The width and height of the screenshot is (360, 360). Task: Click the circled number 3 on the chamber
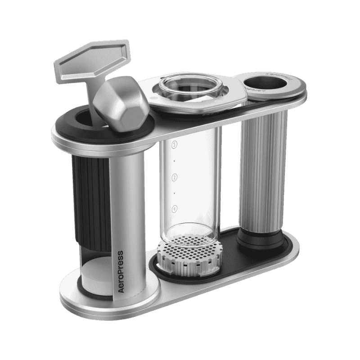pyautogui.click(x=174, y=144)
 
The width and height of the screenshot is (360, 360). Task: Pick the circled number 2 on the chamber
pyautogui.click(x=174, y=176)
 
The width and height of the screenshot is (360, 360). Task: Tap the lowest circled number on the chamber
pyautogui.click(x=174, y=208)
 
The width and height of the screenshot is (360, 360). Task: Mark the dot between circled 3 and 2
pyautogui.click(x=174, y=161)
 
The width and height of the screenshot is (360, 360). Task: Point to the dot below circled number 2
pyautogui.click(x=174, y=193)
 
